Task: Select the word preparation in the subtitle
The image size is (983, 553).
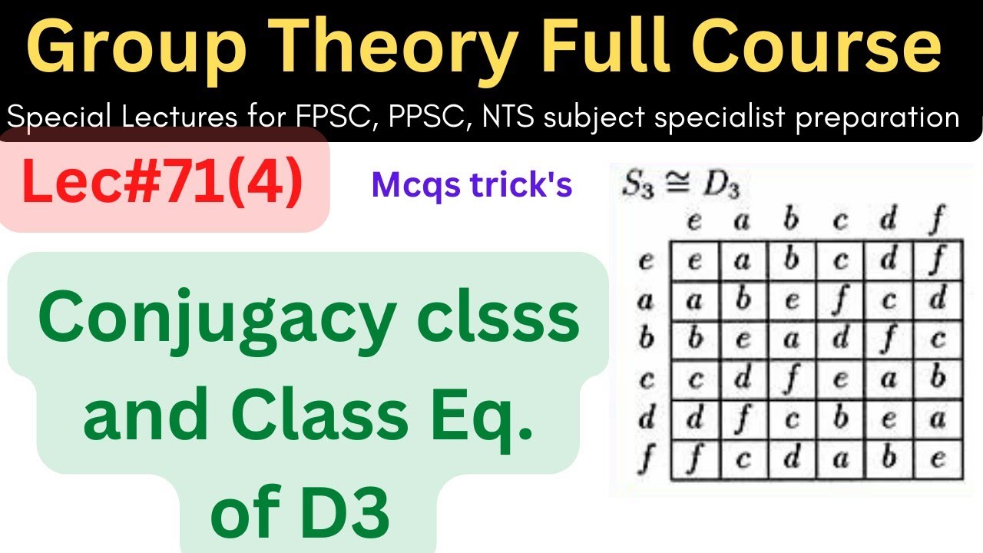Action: coord(881,118)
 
